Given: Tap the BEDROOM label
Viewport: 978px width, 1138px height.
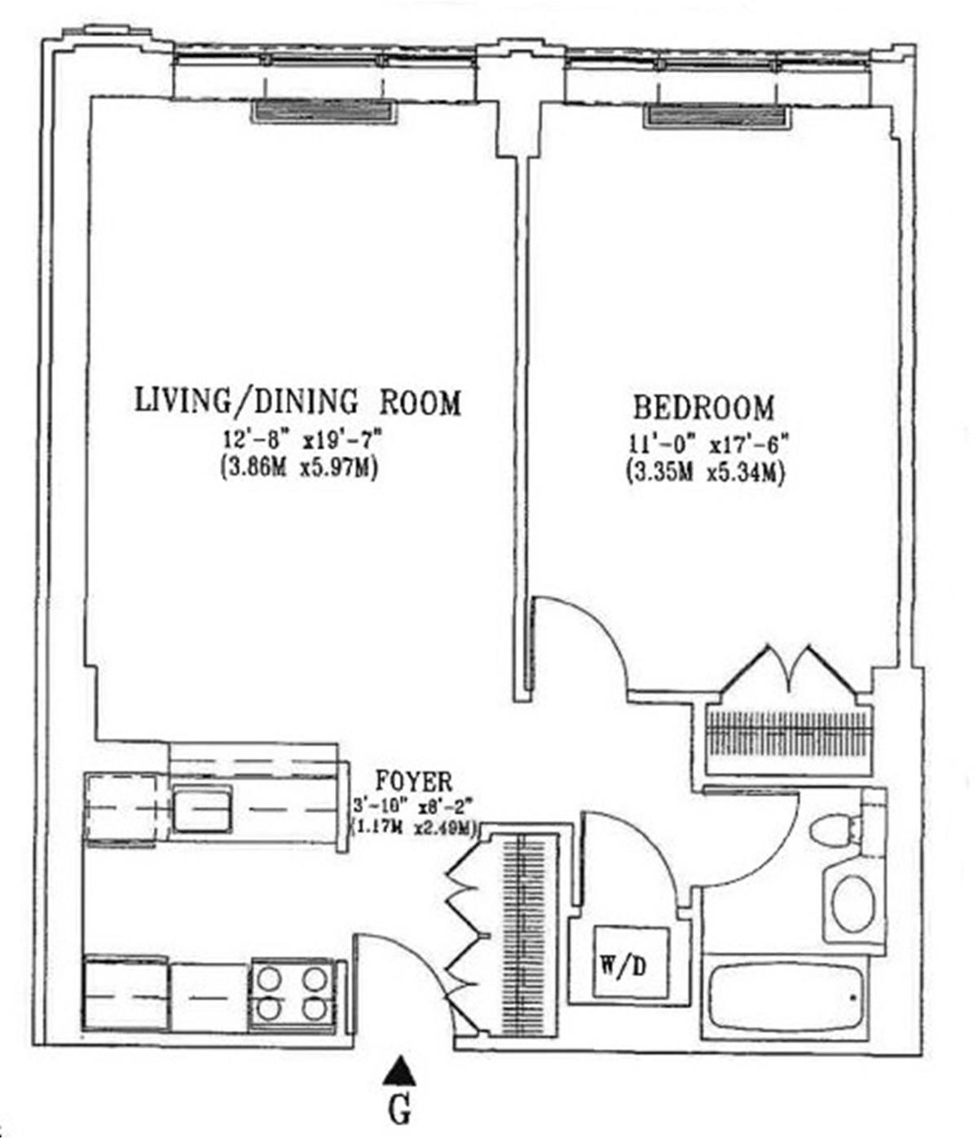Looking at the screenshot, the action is pyautogui.click(x=704, y=408).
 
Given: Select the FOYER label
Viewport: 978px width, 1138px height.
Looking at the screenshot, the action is pyautogui.click(x=414, y=781).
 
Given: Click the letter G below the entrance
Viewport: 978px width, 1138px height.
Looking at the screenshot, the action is pyautogui.click(x=399, y=1112).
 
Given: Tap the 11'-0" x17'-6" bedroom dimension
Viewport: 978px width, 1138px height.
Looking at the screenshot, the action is pyautogui.click(x=708, y=445).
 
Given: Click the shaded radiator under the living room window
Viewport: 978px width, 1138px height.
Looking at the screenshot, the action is pyautogui.click(x=324, y=111).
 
